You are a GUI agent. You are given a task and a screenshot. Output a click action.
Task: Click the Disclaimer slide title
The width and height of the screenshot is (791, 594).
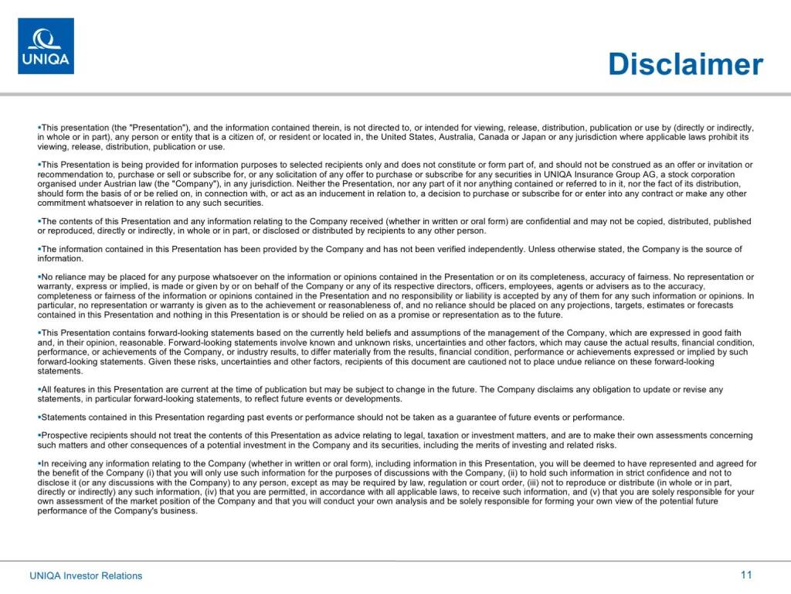685,64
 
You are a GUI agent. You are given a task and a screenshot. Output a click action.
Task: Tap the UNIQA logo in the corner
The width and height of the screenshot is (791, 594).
46,46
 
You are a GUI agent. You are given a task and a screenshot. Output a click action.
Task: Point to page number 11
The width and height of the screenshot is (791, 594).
745,575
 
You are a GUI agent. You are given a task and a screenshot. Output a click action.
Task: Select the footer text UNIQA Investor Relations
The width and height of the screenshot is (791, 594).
86,575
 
